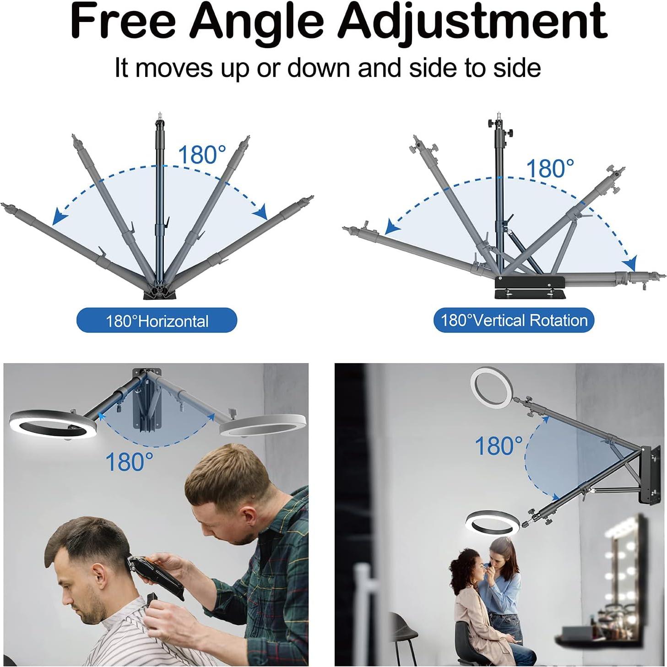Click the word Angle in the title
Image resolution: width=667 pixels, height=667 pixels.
tap(257, 22)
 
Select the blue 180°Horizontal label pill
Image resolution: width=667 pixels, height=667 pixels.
tap(157, 320)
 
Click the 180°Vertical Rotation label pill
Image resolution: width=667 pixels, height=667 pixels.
tap(513, 320)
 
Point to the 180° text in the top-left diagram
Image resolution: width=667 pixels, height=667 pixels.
tap(201, 155)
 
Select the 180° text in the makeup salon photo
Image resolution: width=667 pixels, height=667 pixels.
tap(498, 445)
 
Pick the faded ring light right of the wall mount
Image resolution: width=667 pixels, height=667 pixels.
tap(263, 425)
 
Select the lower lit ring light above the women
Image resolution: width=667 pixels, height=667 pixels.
tap(493, 522)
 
